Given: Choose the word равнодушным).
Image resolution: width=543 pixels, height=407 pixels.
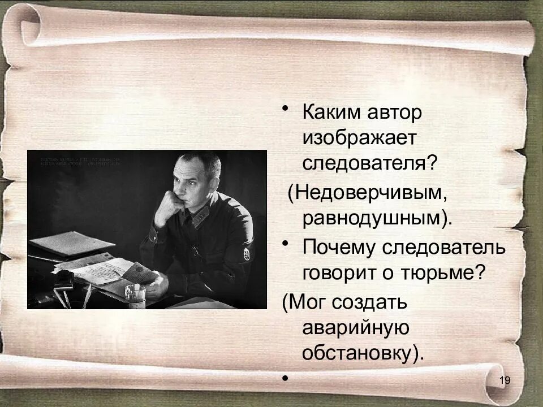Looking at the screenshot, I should point(377,219).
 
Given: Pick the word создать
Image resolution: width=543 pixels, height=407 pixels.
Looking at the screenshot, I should point(372,302).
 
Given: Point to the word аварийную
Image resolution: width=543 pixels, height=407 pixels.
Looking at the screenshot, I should point(355,327).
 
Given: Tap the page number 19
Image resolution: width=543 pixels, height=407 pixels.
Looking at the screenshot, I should point(505,380).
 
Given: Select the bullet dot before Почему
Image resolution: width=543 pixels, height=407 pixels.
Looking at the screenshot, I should point(288,243).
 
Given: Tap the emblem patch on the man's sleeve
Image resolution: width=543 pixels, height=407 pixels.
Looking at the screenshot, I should point(247,254).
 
